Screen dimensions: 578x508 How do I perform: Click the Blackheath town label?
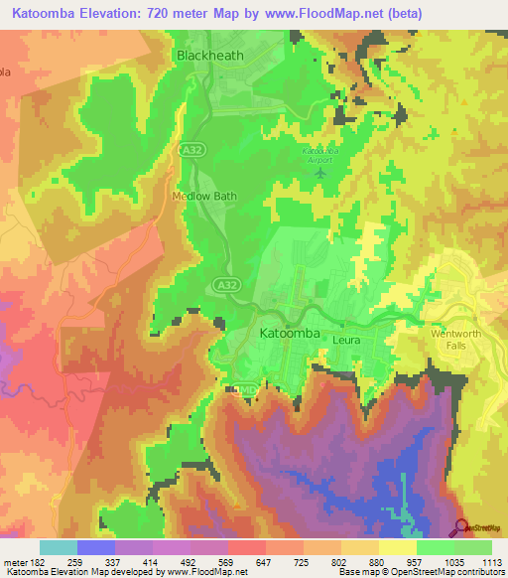(x=209, y=56)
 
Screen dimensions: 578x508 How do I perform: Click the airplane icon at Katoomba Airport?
(x=319, y=174)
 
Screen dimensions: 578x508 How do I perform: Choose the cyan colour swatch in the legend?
(x=59, y=547)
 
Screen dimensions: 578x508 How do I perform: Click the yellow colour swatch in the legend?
(x=398, y=547)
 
